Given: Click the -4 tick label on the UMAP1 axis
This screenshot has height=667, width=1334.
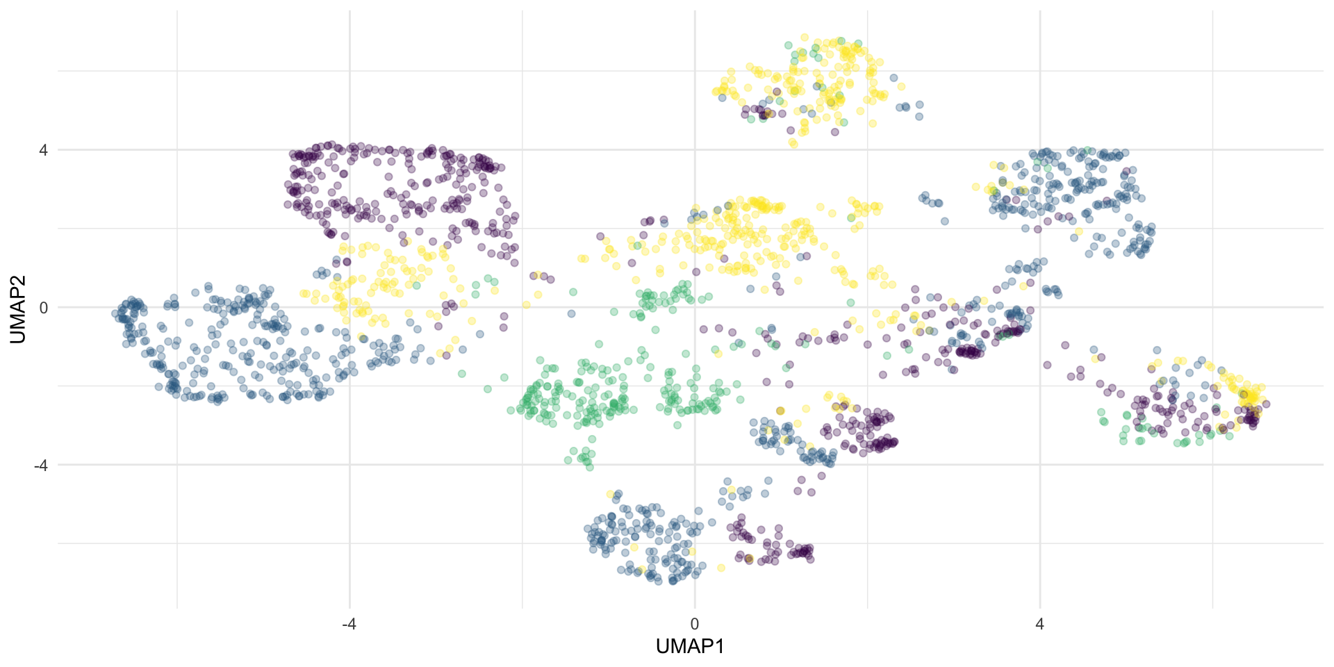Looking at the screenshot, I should tap(349, 625).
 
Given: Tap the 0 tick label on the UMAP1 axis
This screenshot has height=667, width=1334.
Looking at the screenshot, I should tap(694, 625).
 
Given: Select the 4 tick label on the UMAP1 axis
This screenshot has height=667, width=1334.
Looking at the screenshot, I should tap(1039, 625).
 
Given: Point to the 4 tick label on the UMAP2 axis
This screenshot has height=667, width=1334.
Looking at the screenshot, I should tap(43, 150).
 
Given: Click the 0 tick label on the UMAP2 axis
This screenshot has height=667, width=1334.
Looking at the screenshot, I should tap(43, 307).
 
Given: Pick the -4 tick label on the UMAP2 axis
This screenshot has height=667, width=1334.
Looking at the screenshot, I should tap(40, 465).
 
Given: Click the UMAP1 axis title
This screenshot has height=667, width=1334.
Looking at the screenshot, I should tap(690, 647).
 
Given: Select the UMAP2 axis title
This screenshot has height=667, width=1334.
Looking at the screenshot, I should tap(18, 309).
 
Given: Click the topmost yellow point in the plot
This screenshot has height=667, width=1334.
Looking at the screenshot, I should tap(804, 37).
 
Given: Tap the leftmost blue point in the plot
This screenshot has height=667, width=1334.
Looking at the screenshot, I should tap(115, 313).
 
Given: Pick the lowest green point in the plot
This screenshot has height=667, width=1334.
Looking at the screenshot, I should tap(590, 467).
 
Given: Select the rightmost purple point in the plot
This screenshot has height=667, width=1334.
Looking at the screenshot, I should tap(1266, 404).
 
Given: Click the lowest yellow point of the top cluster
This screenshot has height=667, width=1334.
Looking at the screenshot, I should tap(793, 144).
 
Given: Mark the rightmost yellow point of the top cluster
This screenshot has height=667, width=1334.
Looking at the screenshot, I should tap(901, 86).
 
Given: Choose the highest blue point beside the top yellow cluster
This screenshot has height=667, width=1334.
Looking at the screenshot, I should tap(894, 78).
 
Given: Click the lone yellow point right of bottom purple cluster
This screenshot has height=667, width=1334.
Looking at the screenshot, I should tap(721, 568).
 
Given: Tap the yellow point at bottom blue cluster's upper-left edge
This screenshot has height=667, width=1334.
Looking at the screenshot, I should tap(611, 494).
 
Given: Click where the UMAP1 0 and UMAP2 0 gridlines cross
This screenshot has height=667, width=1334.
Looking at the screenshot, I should tap(694, 307).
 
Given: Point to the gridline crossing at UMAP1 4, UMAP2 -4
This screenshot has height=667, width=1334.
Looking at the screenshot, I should tap(1039, 465).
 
